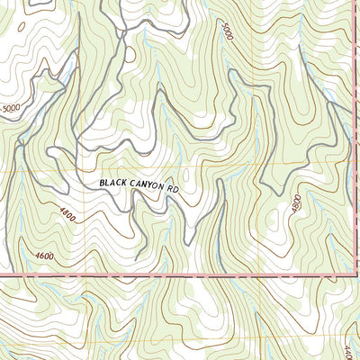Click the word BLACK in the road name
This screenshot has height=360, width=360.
click(x=113, y=183)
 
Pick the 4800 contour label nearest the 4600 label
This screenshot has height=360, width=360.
click(x=69, y=216)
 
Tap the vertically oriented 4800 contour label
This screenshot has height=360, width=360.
click(x=296, y=204)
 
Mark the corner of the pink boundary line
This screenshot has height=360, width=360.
click(x=349, y=274)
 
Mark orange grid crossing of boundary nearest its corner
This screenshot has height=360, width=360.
click(x=261, y=274)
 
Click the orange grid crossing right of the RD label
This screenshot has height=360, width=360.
click(x=261, y=169)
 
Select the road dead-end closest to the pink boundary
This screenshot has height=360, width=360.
click(x=137, y=259)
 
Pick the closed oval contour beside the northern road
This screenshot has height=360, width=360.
click(x=130, y=54)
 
